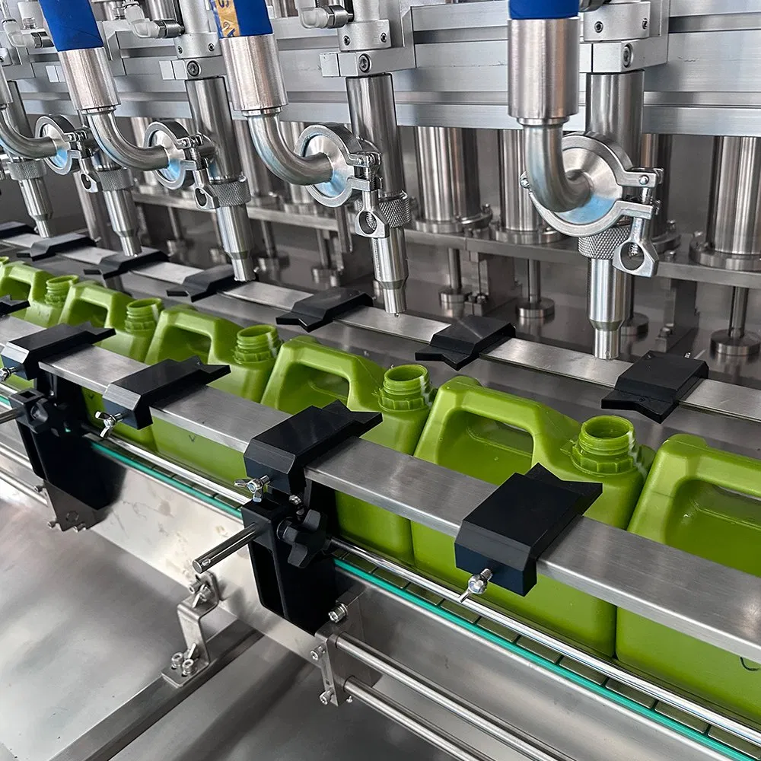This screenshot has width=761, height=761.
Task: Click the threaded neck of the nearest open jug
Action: pos(605,444)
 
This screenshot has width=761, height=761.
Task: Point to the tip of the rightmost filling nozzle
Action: pos(607,351)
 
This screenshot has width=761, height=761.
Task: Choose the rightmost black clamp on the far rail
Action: pos(655,384)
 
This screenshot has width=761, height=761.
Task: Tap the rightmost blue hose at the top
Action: pos(543,9)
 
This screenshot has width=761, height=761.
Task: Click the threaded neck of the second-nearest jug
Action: pos(406,387)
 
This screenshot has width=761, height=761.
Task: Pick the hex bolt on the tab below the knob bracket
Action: pos(338,613)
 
